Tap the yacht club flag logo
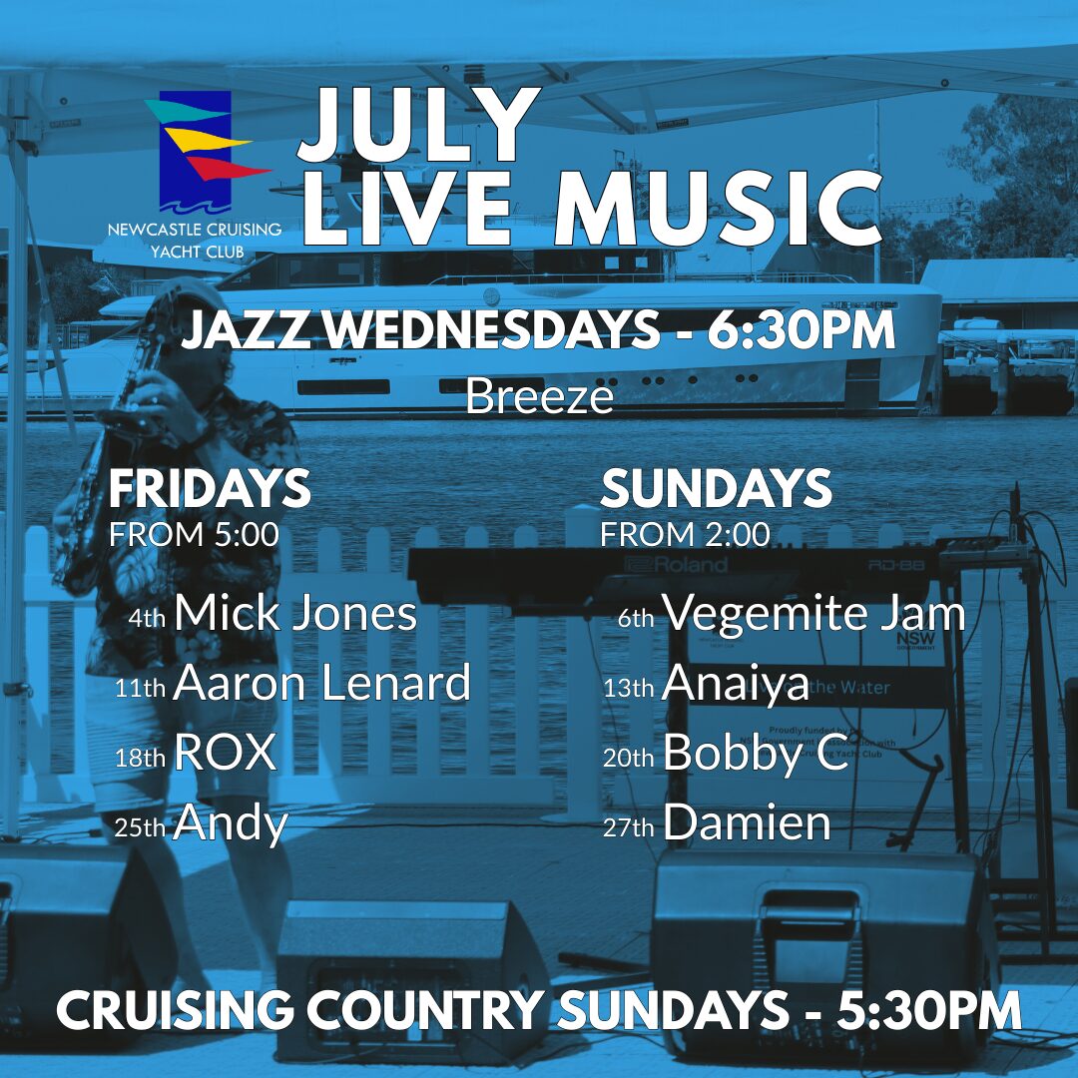(205, 152)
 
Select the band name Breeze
(540, 396)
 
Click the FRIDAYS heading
(210, 488)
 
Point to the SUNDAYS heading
(716, 488)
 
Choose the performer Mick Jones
(294, 613)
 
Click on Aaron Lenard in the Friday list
(321, 682)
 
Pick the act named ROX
(225, 753)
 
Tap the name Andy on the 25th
(231, 823)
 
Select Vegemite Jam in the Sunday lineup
(814, 614)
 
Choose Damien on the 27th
(748, 822)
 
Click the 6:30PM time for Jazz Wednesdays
(802, 330)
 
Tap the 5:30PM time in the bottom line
(928, 1010)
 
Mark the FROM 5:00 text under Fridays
(195, 535)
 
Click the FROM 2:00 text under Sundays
(686, 535)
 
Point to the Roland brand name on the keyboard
(676, 565)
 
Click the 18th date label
(141, 758)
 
